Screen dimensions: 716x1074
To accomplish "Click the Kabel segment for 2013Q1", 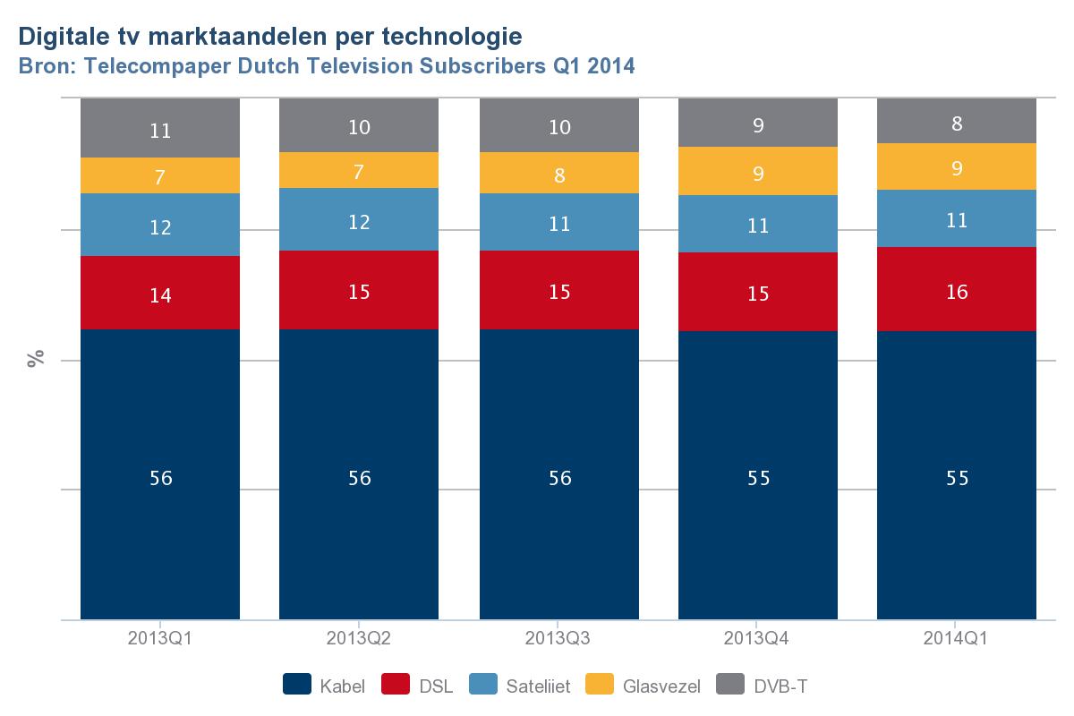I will [160, 474].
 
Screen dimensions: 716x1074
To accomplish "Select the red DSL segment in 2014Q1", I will [956, 289].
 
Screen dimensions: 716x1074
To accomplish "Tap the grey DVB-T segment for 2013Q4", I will [758, 123].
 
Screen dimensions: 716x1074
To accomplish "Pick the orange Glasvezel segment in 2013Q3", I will [559, 173].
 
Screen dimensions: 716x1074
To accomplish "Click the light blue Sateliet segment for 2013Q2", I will [359, 219].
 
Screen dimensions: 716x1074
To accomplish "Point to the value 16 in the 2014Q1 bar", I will [957, 292].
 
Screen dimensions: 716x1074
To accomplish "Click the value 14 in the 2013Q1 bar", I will [161, 295].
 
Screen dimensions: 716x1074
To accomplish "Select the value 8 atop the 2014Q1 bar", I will [957, 124].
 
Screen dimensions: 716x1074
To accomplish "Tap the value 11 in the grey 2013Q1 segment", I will [161, 131].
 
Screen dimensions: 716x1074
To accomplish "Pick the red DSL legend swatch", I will [395, 686].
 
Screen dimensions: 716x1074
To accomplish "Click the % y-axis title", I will [36, 360].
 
